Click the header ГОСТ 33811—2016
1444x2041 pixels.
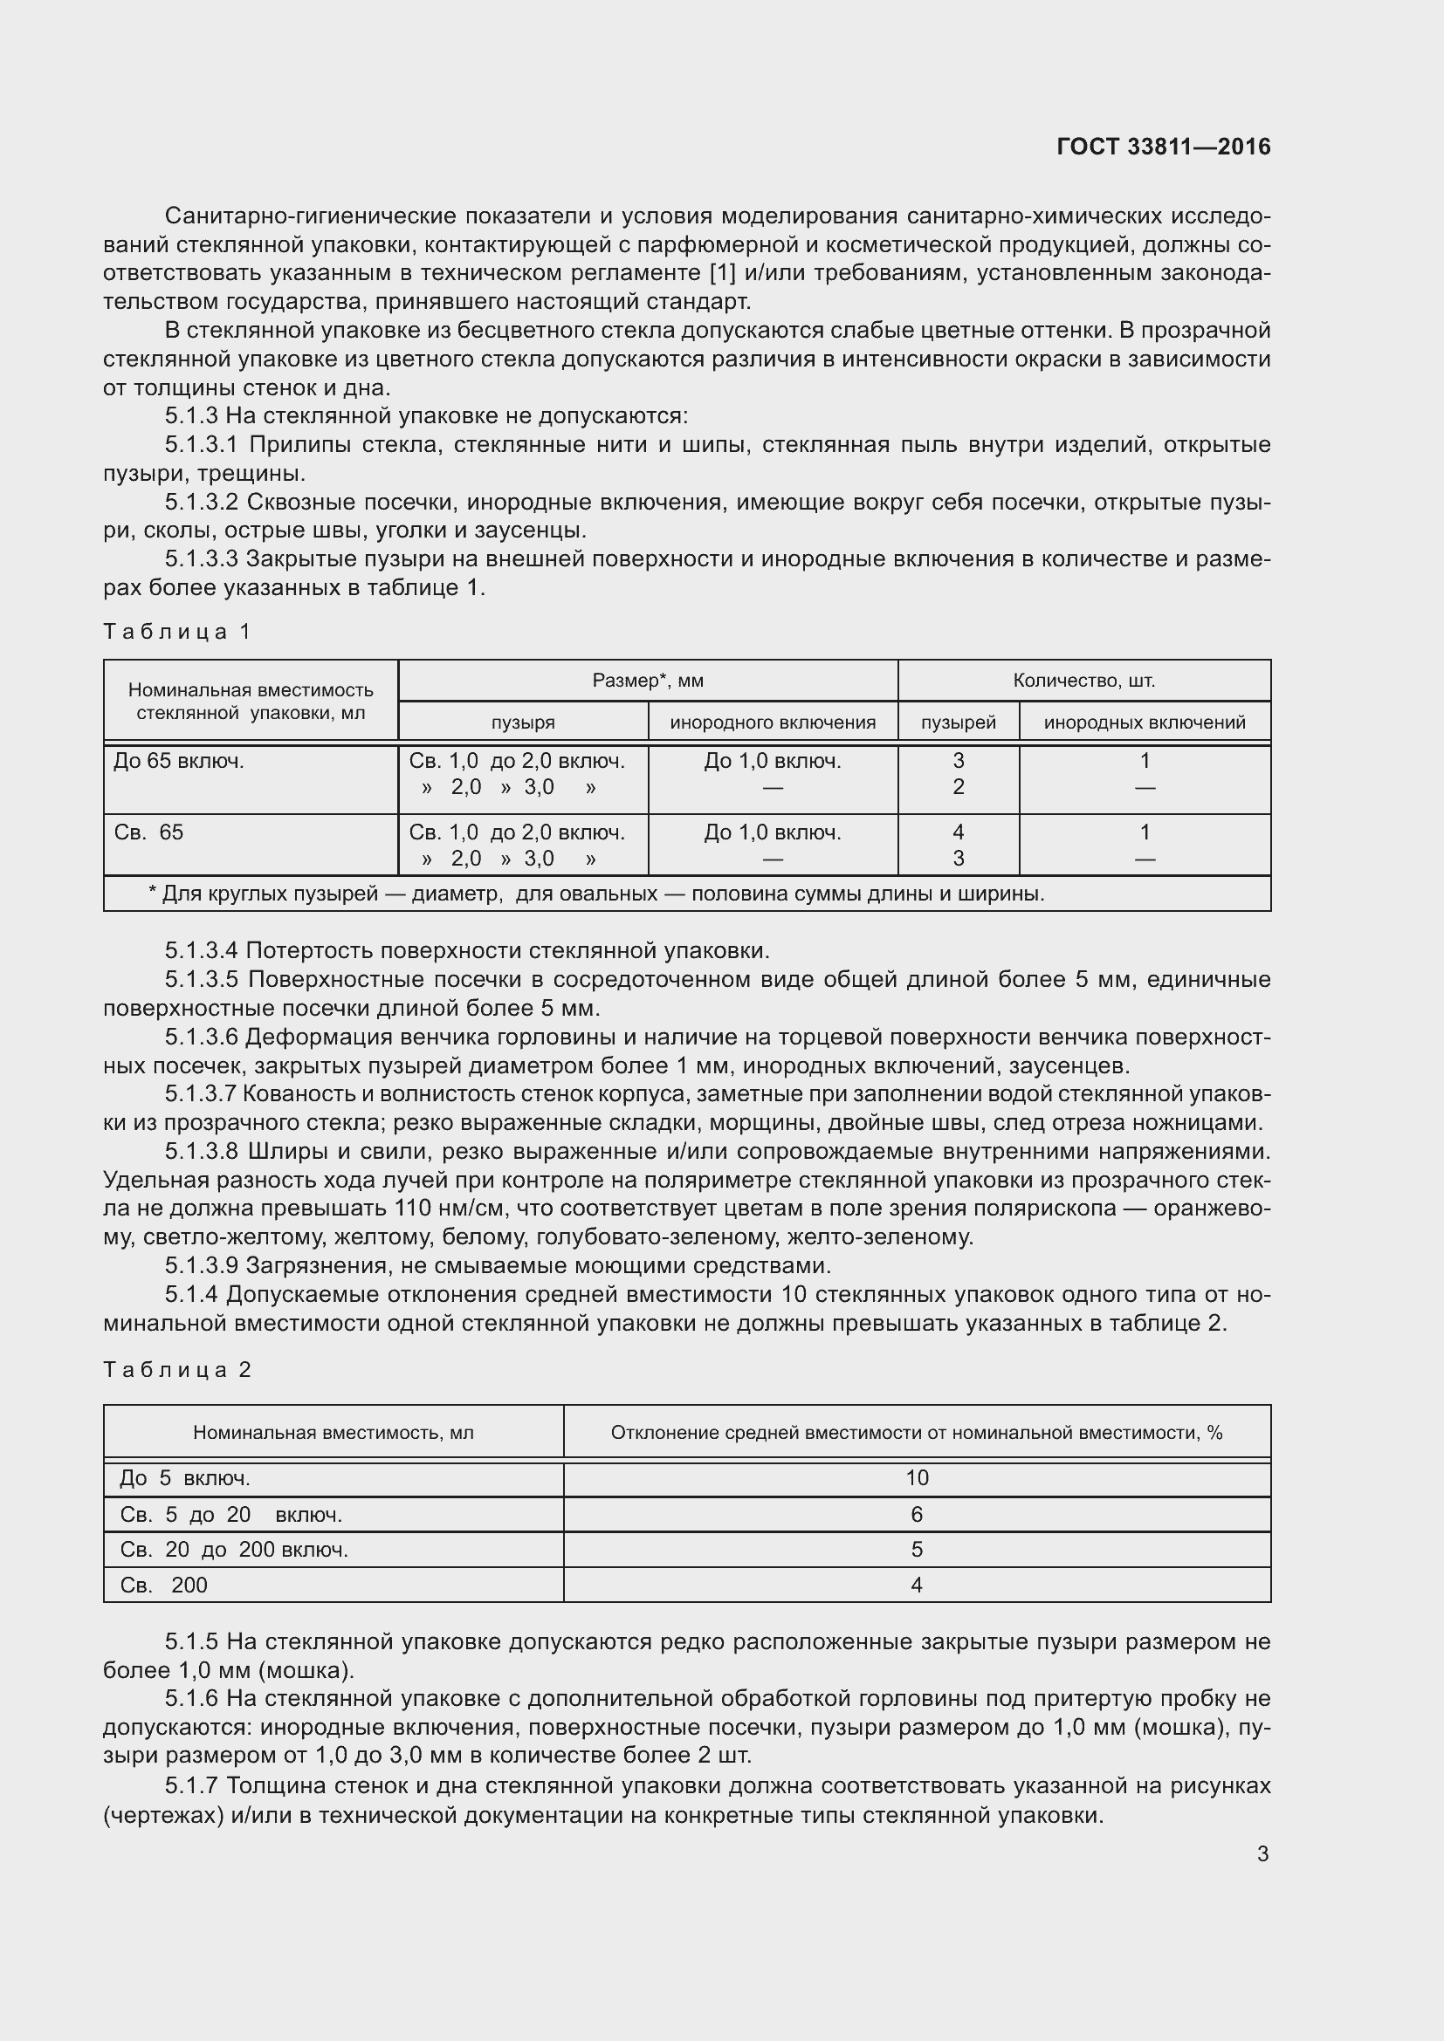(x=1163, y=147)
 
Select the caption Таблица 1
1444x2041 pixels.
(x=178, y=632)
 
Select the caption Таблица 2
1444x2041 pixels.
(x=178, y=1370)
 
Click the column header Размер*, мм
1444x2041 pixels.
(x=647, y=681)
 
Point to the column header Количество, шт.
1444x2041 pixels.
(x=1084, y=681)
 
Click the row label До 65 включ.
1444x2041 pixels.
(x=179, y=761)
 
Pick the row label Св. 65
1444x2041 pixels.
(x=148, y=833)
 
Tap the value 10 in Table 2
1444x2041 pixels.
(x=917, y=1478)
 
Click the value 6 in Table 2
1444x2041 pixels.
(x=917, y=1515)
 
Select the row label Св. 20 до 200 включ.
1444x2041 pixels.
(x=234, y=1551)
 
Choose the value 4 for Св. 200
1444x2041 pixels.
(x=917, y=1585)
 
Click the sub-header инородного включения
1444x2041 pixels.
(x=773, y=723)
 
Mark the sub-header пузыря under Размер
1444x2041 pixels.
(x=523, y=723)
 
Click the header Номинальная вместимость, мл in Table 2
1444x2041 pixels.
(x=333, y=1433)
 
